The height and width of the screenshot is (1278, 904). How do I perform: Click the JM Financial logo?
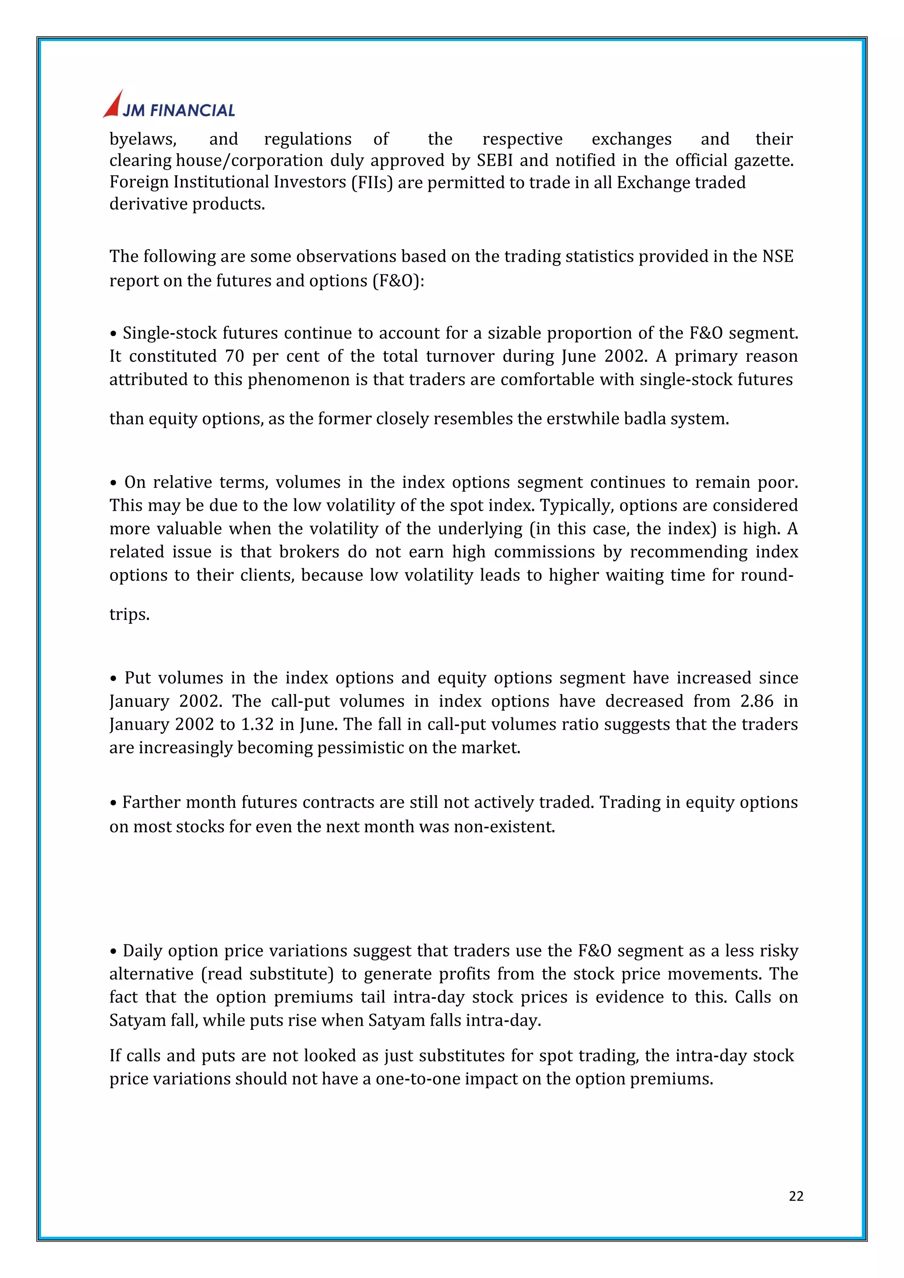(169, 105)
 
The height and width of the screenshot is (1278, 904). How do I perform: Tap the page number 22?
(796, 1196)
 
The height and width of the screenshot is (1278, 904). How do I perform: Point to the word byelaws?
(143, 139)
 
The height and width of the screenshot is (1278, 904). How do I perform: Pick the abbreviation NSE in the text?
(778, 256)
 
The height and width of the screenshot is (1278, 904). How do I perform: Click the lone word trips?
(129, 614)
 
